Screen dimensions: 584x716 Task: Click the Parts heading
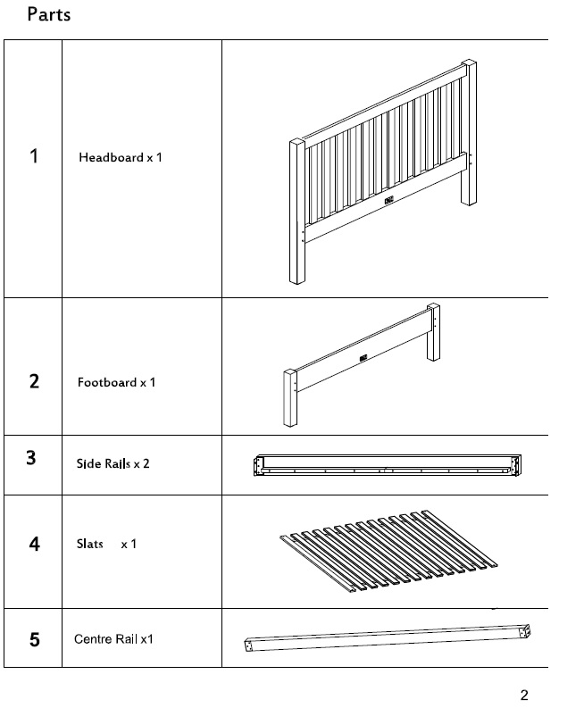pyautogui.click(x=49, y=14)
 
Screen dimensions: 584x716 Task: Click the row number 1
pyautogui.click(x=34, y=156)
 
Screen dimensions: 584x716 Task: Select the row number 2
pyautogui.click(x=34, y=381)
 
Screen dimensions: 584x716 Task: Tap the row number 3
pyautogui.click(x=31, y=458)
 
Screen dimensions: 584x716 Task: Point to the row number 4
pyautogui.click(x=34, y=544)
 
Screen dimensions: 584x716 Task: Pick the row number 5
pyautogui.click(x=35, y=639)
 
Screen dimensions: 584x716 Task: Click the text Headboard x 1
pyautogui.click(x=120, y=157)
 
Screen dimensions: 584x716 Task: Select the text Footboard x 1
pyautogui.click(x=116, y=382)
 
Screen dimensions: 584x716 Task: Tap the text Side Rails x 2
pyautogui.click(x=113, y=463)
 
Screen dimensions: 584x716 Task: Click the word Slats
pyautogui.click(x=89, y=544)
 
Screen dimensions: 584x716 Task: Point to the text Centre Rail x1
pyautogui.click(x=113, y=639)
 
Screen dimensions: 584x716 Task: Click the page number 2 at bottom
pyautogui.click(x=524, y=695)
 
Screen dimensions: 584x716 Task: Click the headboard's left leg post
pyautogui.click(x=296, y=211)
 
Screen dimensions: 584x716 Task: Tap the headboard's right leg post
pyautogui.click(x=469, y=132)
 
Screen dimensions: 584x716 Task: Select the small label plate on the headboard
pyautogui.click(x=388, y=200)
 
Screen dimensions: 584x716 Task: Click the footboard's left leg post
pyautogui.click(x=290, y=397)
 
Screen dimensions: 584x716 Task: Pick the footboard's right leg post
pyautogui.click(x=433, y=332)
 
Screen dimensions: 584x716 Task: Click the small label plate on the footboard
pyautogui.click(x=363, y=358)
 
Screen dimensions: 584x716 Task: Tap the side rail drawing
pyautogui.click(x=388, y=465)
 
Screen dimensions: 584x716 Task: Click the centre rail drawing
pyautogui.click(x=388, y=638)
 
